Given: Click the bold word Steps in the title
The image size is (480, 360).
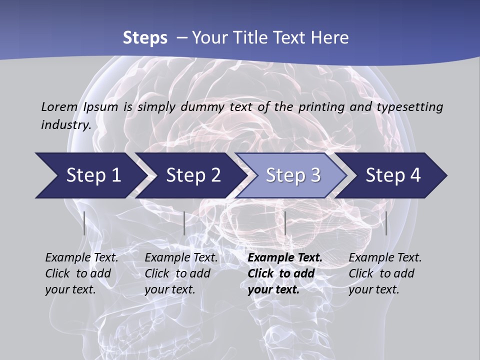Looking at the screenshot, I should click(x=145, y=37).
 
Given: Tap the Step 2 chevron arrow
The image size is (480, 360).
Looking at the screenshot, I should click(x=193, y=175).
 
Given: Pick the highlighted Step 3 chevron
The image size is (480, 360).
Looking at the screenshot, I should click(x=293, y=175).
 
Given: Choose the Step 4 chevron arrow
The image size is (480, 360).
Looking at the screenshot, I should click(x=393, y=175).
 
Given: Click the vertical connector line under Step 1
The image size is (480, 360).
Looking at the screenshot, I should click(x=84, y=223).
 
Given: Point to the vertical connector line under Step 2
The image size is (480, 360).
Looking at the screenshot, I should click(x=184, y=223).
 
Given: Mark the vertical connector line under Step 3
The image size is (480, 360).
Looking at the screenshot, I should click(x=285, y=223).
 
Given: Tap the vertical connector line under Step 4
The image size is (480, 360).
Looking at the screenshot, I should click(x=386, y=223).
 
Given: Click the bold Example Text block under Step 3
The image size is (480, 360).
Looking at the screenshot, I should click(x=285, y=273).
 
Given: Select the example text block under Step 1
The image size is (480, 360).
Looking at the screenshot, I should click(x=81, y=273).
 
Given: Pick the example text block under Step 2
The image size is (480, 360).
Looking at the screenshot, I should click(x=181, y=273).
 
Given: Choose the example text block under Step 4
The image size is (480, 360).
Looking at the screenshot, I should click(x=385, y=273).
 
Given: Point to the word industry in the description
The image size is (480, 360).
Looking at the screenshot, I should click(x=66, y=124).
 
